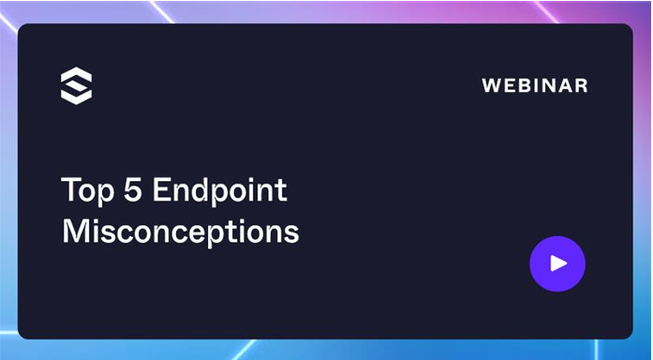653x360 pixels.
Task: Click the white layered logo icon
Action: (x=76, y=85)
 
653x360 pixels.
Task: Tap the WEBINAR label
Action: (x=534, y=85)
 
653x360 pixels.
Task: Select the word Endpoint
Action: (x=219, y=191)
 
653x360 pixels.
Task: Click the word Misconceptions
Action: (x=180, y=232)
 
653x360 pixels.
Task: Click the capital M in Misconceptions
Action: (x=74, y=231)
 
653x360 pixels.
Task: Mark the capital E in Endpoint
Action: (x=159, y=190)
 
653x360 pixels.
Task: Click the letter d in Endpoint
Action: (x=200, y=190)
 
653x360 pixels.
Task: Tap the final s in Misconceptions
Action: (x=291, y=233)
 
